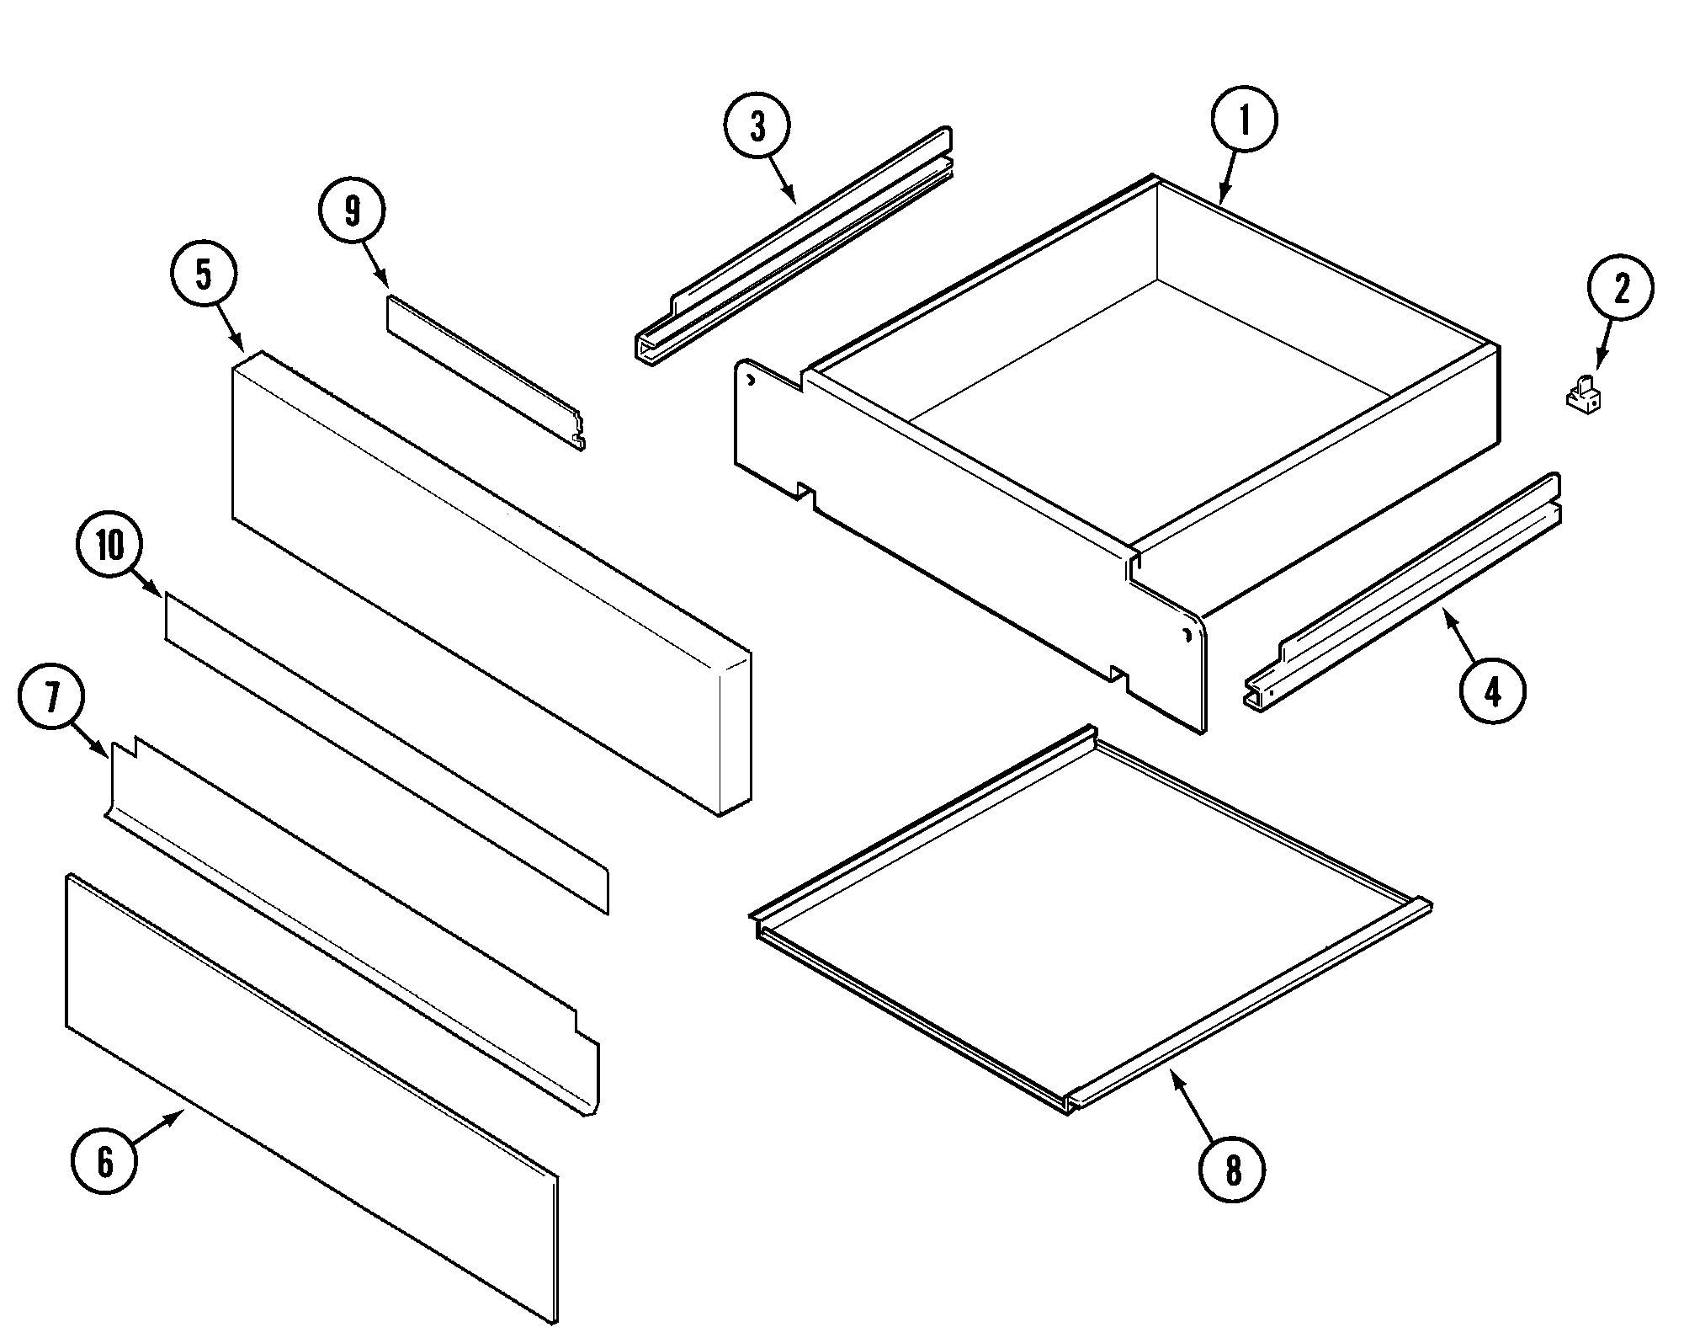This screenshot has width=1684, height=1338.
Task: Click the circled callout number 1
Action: click(1244, 120)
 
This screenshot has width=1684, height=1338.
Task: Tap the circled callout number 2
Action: click(1620, 288)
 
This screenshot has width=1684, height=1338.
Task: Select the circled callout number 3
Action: click(757, 126)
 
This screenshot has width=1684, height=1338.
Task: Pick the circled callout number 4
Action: click(1491, 691)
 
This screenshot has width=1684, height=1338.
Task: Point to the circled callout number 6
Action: click(104, 1162)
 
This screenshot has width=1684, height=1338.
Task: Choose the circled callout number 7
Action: click(52, 698)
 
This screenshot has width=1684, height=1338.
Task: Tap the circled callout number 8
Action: click(1232, 1169)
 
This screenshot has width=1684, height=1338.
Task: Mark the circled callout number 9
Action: click(352, 211)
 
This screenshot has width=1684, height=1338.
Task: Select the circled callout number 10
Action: click(109, 546)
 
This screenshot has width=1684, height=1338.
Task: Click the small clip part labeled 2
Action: click(1583, 395)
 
